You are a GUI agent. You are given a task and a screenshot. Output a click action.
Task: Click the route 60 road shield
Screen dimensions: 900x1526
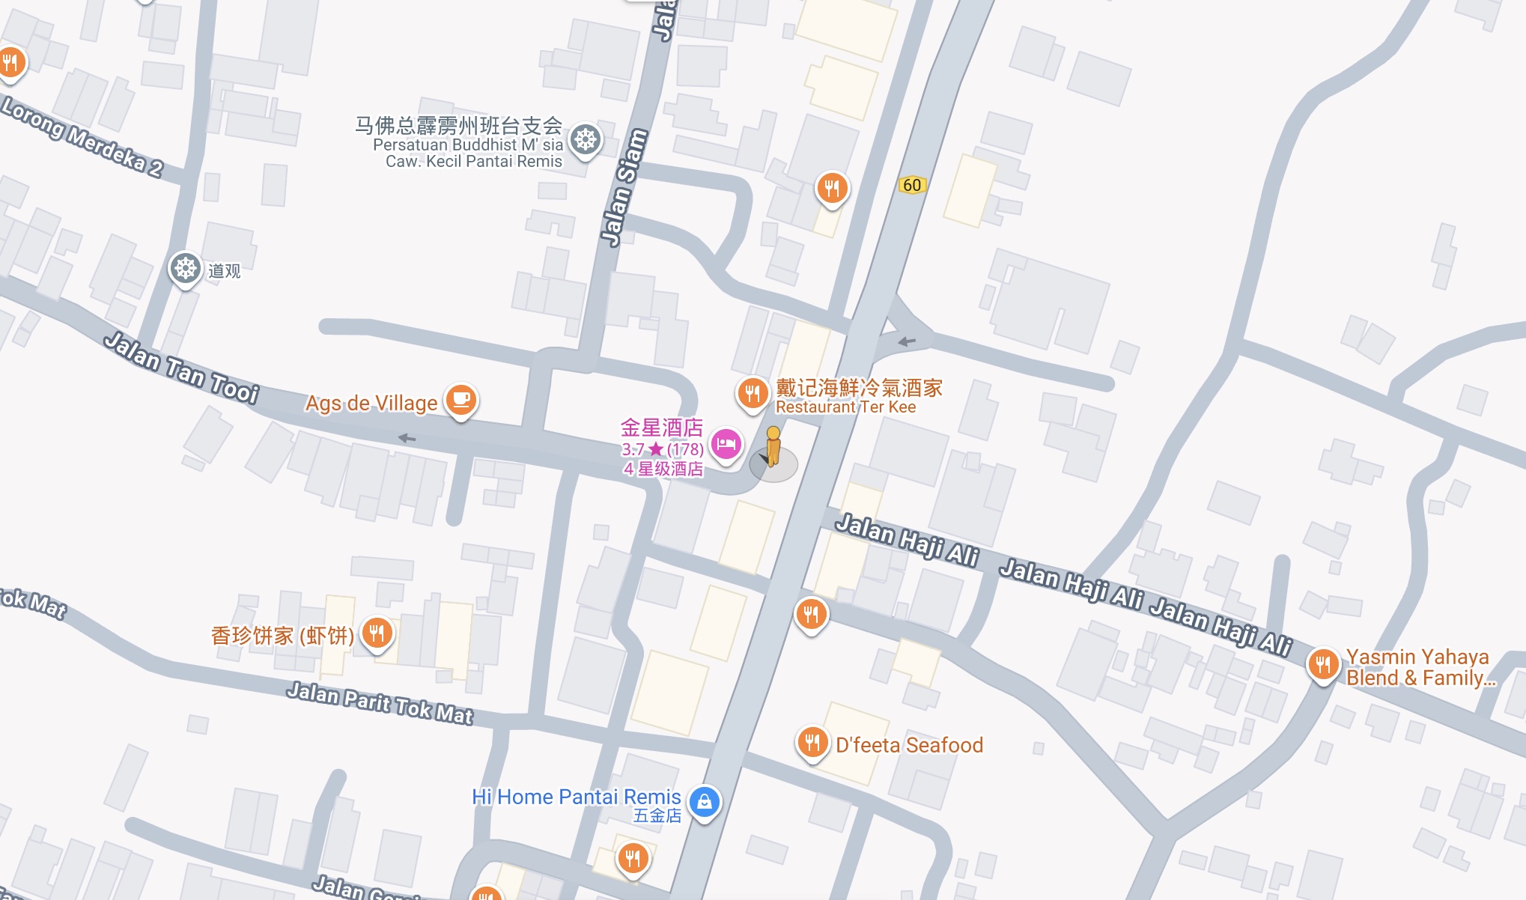911,185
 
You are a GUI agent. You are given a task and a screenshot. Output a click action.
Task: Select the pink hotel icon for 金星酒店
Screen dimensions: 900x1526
726,445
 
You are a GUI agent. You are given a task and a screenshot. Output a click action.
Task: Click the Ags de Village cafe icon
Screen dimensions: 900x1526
460,399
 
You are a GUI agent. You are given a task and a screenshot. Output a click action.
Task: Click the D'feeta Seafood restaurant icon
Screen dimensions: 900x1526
812,742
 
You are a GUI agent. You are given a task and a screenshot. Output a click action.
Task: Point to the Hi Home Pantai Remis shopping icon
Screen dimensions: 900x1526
704,802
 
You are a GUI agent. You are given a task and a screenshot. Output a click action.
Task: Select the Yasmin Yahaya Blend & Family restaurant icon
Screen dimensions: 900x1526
1323,663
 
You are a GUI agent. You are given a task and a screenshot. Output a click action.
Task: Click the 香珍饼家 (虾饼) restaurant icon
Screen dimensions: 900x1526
377,633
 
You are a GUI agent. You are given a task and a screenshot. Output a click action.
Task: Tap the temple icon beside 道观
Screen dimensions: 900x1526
185,268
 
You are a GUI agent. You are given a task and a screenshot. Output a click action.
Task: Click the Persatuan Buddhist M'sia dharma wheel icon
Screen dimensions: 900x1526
586,139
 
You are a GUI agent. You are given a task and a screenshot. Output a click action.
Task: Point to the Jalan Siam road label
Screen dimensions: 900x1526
624,187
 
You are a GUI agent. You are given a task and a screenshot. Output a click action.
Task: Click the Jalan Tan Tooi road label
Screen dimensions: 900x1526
181,368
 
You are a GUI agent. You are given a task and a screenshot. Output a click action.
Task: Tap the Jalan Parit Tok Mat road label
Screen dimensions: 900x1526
380,703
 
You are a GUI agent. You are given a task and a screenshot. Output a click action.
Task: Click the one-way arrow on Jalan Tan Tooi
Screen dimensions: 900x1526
407,438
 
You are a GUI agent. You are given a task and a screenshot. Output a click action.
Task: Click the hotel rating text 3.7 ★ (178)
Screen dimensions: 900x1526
662,449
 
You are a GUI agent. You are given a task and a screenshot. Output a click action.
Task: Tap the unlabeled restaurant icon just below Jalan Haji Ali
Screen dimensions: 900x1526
811,614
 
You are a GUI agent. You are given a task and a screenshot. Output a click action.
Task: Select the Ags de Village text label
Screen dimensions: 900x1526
371,403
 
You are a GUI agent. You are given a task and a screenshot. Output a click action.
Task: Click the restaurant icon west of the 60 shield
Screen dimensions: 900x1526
832,187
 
